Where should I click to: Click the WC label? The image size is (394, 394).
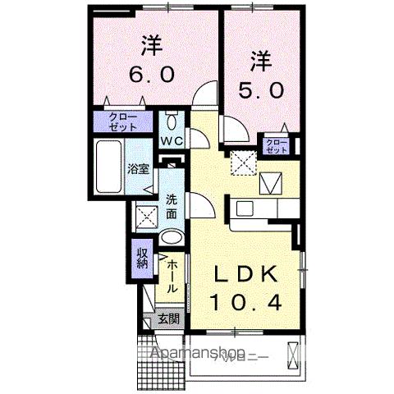coord(172,141)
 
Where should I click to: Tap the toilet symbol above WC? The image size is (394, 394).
coord(171,122)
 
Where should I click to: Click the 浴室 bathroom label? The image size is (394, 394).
coord(138,170)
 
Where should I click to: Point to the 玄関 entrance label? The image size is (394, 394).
coord(168,319)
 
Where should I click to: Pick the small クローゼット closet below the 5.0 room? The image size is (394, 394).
coord(277,146)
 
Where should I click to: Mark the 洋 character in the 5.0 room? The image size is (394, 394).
coord(259,59)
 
